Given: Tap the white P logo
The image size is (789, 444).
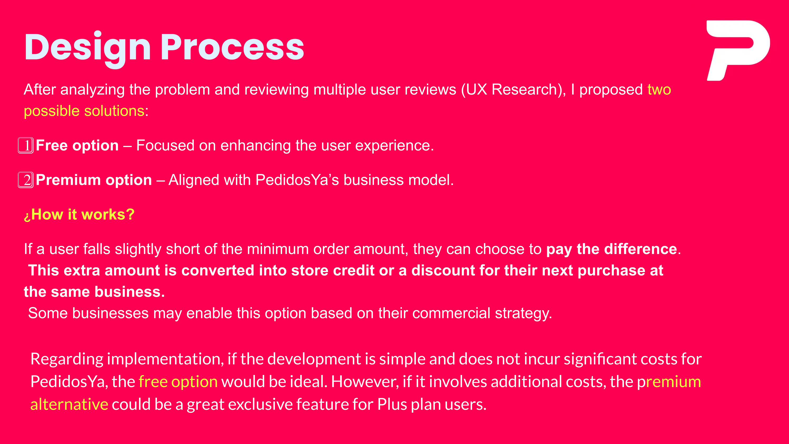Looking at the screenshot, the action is point(738,51).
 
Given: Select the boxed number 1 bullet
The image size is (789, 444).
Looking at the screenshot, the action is point(26,145).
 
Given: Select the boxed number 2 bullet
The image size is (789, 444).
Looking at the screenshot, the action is point(26,180).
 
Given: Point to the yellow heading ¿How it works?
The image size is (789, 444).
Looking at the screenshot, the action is point(79,214).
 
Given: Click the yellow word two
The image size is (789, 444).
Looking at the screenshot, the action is point(659,90).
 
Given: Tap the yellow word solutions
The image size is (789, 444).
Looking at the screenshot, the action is point(114,111).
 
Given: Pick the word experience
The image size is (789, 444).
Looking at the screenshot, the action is point(394,146).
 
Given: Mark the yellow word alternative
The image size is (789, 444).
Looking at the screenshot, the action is point(69,404).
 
